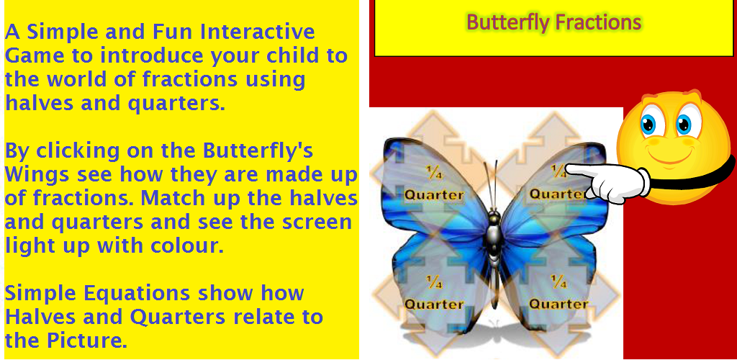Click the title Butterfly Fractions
pos(554,22)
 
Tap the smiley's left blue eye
pos(648,123)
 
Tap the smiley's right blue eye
pos(684,124)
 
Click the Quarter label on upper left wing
pos(434,194)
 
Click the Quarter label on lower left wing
pos(434,304)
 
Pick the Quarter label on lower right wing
pos(559,304)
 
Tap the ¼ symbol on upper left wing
pos(434,173)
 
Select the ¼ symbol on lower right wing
pos(559,282)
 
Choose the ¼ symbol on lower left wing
pos(434,282)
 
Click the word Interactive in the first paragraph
pos(257,32)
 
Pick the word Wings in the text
pos(36,176)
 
